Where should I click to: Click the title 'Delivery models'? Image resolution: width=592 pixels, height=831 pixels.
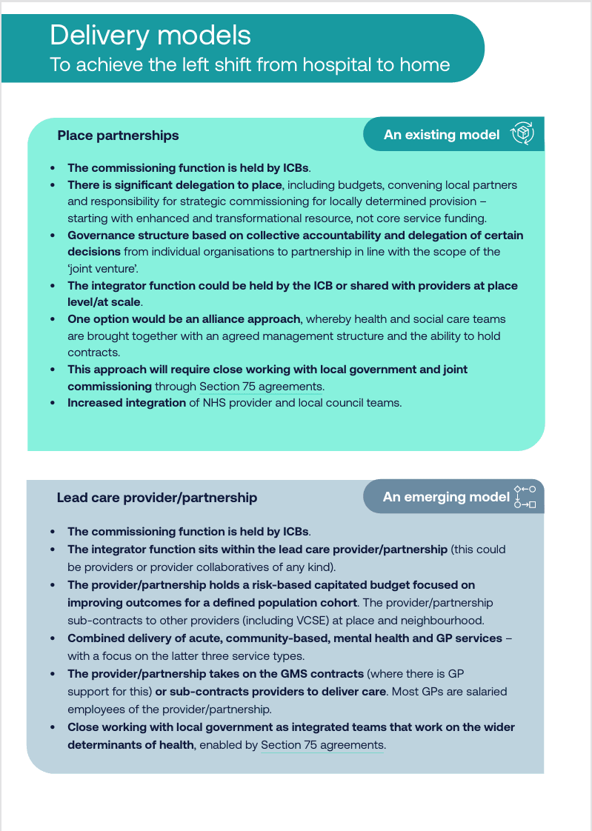click(150, 35)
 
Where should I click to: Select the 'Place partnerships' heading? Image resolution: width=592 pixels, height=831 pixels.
click(118, 136)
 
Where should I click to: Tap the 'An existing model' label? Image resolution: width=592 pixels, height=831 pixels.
click(442, 135)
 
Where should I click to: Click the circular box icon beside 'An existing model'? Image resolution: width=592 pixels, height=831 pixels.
click(523, 134)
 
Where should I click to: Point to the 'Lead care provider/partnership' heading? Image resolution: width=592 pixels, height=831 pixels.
click(156, 498)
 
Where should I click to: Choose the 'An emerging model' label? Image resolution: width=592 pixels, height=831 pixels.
click(446, 497)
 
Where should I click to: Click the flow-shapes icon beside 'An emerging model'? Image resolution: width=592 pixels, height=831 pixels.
click(525, 497)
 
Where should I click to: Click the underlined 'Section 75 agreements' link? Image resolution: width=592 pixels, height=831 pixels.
click(322, 745)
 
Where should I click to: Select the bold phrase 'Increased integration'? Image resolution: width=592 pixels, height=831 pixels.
click(127, 403)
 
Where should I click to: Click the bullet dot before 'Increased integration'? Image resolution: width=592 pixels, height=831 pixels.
click(52, 404)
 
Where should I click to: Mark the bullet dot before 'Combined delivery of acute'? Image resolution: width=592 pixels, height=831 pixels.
click(52, 638)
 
